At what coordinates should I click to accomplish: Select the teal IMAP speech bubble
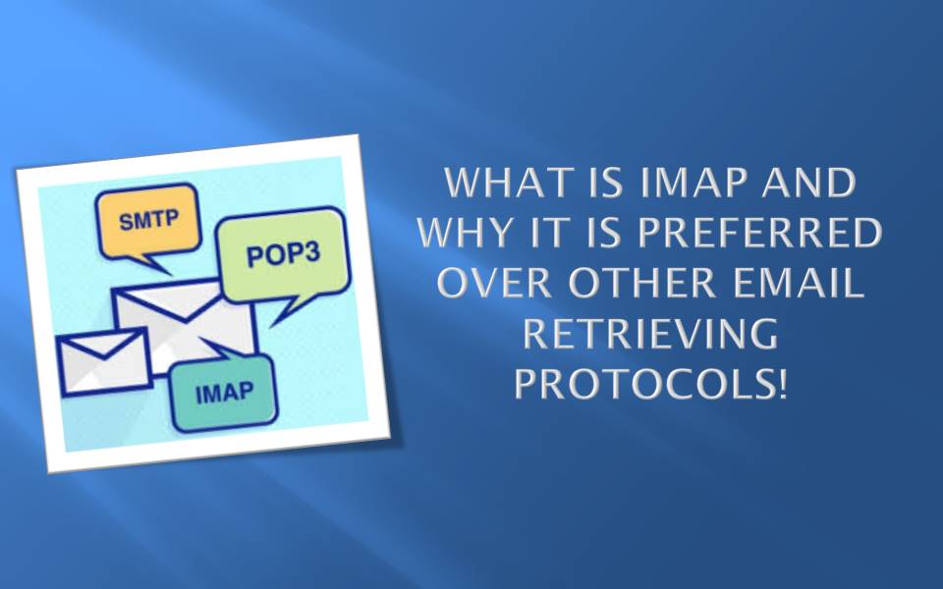(224, 395)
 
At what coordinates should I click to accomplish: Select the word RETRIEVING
(649, 334)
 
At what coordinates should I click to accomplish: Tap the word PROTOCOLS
(642, 384)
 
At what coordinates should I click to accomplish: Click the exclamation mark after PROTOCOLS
(783, 384)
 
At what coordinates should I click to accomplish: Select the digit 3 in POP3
(321, 258)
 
